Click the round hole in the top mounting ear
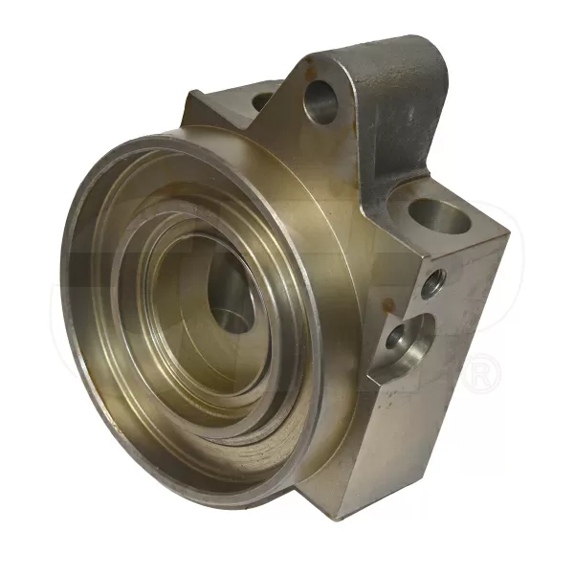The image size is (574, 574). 321,101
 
